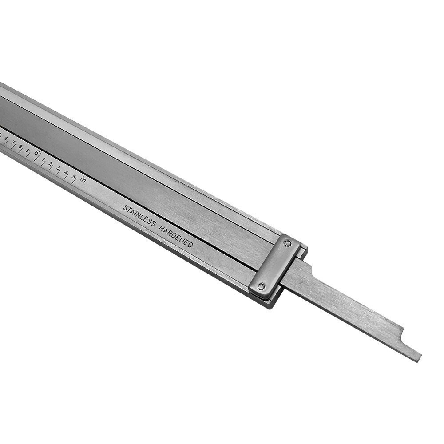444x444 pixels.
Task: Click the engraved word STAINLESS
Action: pyautogui.click(x=139, y=216)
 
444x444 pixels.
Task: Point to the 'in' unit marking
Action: pyautogui.click(x=83, y=179)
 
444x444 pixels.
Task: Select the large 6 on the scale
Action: pyautogui.click(x=36, y=153)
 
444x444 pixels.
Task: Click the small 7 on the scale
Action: pyautogui.click(x=13, y=143)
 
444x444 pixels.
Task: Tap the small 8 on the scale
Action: pyautogui.click(x=20, y=146)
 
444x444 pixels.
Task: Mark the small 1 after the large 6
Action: pyautogui.click(x=44, y=159)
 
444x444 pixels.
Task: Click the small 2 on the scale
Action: pyautogui.click(x=51, y=163)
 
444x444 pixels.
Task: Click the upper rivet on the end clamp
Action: pyautogui.click(x=288, y=243)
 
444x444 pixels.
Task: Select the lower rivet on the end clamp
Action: pyautogui.click(x=261, y=286)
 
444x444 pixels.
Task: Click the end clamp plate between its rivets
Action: pyautogui.click(x=274, y=265)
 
